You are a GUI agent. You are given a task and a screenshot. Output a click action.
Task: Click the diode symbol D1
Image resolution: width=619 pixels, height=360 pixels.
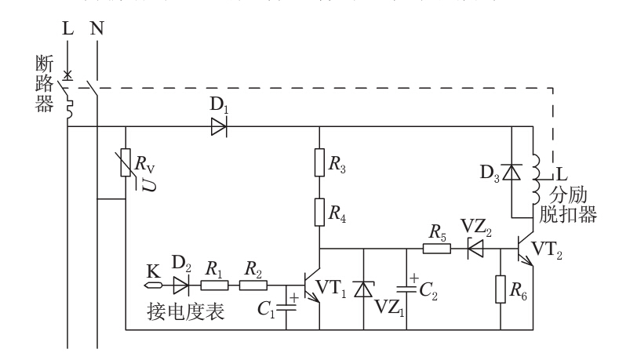click(219, 125)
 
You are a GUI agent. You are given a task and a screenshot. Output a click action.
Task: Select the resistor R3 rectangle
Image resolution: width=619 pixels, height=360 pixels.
click(319, 162)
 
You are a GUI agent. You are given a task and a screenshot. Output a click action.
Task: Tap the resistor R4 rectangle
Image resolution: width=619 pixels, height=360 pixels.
click(319, 211)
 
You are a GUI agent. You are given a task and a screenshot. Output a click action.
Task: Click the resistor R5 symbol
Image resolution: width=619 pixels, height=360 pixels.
click(437, 249)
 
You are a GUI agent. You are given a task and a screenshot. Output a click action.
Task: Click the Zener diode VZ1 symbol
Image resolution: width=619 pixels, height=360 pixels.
click(362, 289)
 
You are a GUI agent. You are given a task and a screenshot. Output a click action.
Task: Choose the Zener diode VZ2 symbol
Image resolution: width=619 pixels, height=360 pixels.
click(475, 249)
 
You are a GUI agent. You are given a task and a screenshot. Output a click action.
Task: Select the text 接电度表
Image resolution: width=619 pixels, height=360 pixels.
click(186, 313)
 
